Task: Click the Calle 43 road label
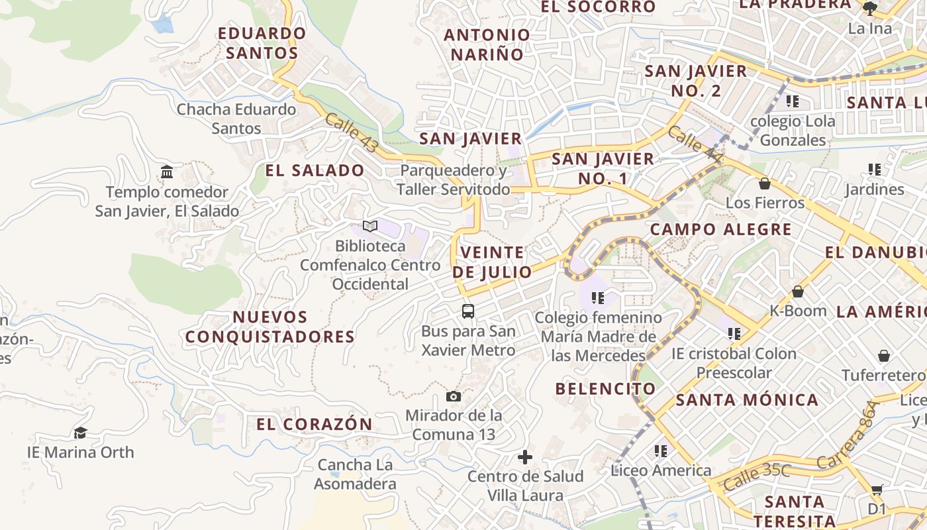(x=351, y=132)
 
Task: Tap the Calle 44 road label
(x=695, y=144)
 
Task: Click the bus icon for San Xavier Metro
(x=467, y=311)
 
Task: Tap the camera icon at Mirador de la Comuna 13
(x=454, y=396)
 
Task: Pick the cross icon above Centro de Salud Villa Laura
(x=525, y=457)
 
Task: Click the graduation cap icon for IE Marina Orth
(x=80, y=433)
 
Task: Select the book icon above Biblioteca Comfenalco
(x=370, y=227)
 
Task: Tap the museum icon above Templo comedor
(x=167, y=172)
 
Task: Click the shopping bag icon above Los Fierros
(x=765, y=183)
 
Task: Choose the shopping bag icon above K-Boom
(x=798, y=291)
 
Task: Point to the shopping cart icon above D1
(x=877, y=490)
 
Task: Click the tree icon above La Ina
(x=870, y=9)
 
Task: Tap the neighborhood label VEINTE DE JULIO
(x=493, y=262)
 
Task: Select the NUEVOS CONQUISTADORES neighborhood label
(x=270, y=327)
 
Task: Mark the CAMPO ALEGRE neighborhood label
(x=721, y=230)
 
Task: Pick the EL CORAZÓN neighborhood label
(x=315, y=424)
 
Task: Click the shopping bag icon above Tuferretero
(x=883, y=356)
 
